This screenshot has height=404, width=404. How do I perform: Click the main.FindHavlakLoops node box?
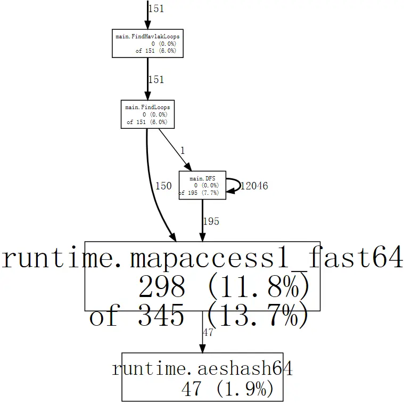pyautogui.click(x=147, y=44)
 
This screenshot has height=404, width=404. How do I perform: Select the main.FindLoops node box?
pyautogui.click(x=147, y=114)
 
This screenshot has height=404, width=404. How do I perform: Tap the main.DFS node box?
pyautogui.click(x=202, y=185)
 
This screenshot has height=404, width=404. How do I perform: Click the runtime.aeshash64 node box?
pyautogui.click(x=202, y=377)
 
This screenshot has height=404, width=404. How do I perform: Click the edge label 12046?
pyautogui.click(x=254, y=186)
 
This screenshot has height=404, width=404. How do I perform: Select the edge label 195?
pyautogui.click(x=211, y=221)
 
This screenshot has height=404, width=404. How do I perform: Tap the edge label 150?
pyautogui.click(x=163, y=186)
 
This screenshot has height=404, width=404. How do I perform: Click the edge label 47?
pyautogui.click(x=208, y=333)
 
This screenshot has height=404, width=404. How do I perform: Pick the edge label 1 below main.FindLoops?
pyautogui.click(x=183, y=151)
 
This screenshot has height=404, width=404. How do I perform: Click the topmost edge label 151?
pyautogui.click(x=156, y=9)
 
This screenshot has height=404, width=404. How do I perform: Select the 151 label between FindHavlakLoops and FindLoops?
pyautogui.click(x=156, y=80)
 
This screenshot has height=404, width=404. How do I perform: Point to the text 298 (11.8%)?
pyautogui.click(x=224, y=287)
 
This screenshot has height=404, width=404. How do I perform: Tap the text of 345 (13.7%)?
pyautogui.click(x=199, y=317)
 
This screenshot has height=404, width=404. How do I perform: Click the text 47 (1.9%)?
pyautogui.click(x=227, y=389)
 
